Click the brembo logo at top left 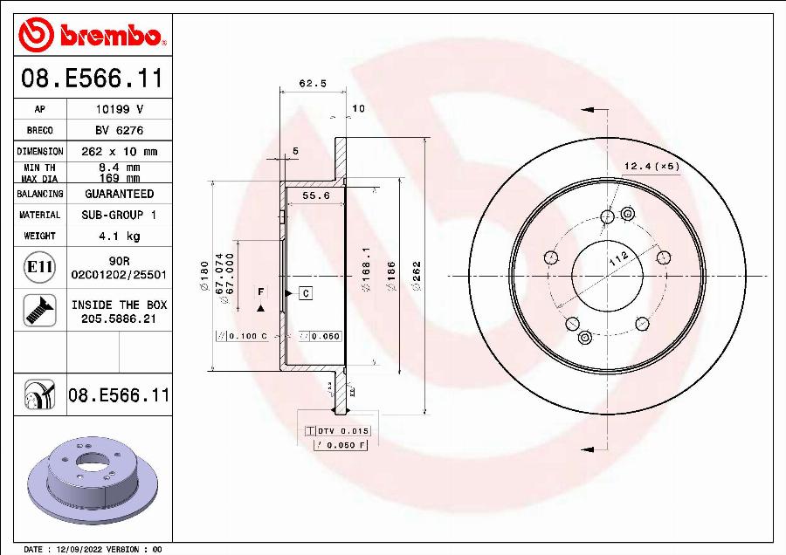pos(93,35)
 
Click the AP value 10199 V pos(119,109)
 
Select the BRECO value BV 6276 pos(119,130)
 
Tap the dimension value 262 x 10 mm pos(119,151)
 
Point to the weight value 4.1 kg pos(119,236)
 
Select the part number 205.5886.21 pos(119,319)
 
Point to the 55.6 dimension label pos(315,195)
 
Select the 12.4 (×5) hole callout pos(651,166)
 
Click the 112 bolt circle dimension pos(618,258)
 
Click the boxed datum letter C pos(306,293)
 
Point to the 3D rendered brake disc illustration pos(93,480)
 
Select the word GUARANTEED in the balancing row pos(119,194)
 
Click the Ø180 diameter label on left pos(204,271)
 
